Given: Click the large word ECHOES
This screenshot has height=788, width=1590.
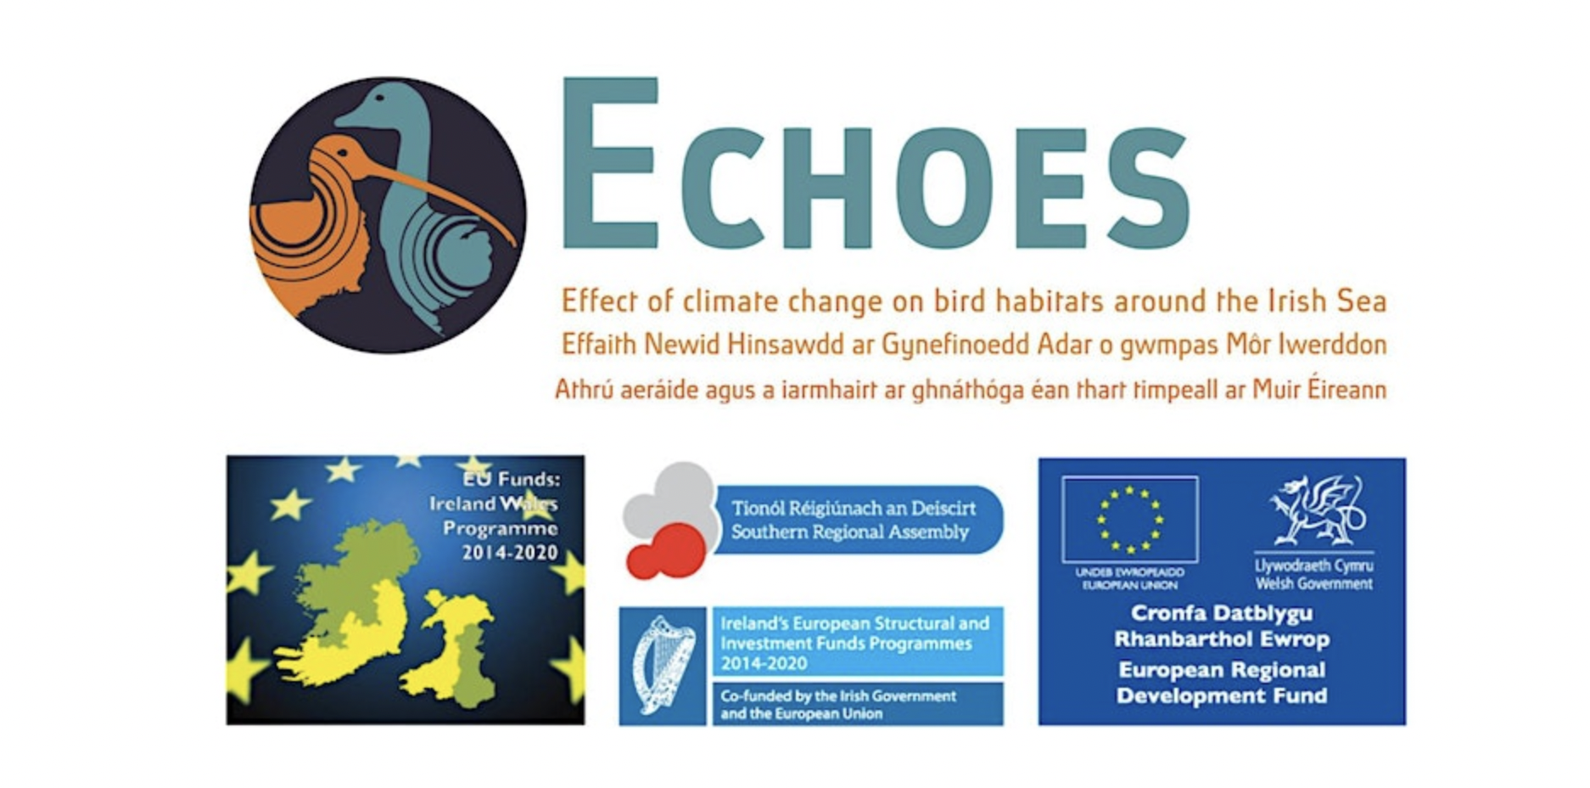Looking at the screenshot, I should tap(874, 166).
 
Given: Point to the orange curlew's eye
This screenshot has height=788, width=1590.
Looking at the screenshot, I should tap(342, 153).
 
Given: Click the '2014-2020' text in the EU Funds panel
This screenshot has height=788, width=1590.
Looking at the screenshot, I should tap(509, 553).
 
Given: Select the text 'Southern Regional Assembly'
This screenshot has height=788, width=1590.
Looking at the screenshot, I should tap(849, 532).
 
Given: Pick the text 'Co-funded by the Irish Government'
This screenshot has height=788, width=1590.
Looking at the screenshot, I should tap(837, 696).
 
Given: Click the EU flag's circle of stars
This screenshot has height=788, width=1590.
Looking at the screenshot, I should tap(1129, 519).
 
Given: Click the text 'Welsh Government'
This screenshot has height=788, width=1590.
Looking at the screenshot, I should tap(1313, 584).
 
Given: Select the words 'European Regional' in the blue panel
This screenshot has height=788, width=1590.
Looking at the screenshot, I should tap(1221, 670).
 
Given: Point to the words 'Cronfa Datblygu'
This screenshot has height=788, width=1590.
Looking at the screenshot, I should tap(1221, 613).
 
